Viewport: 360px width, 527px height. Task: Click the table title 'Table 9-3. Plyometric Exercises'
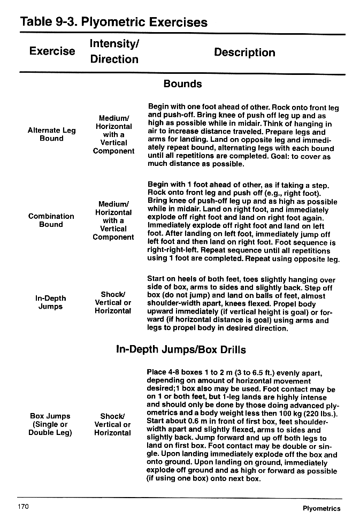113,22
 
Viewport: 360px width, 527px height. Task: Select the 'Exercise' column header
52,51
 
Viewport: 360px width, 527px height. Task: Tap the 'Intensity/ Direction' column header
114,51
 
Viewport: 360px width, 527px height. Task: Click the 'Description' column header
244,52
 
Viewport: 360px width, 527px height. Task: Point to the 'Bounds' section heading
182,84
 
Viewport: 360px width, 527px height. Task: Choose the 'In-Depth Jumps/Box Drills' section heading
181,350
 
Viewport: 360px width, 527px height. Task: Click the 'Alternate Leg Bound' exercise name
51,134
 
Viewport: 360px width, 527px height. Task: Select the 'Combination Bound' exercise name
51,220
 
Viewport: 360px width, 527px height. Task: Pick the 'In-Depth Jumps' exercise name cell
50,302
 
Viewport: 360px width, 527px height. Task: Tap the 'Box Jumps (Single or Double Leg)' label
50,424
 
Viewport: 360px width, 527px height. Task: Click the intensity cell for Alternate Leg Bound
113,135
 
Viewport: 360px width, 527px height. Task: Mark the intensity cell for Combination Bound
113,220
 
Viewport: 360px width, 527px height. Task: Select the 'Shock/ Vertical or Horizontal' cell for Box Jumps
112,424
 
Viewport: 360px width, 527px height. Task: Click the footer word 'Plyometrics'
321,508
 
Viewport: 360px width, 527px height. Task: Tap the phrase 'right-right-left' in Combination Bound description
172,250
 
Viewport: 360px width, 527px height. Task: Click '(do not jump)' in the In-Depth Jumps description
186,295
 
